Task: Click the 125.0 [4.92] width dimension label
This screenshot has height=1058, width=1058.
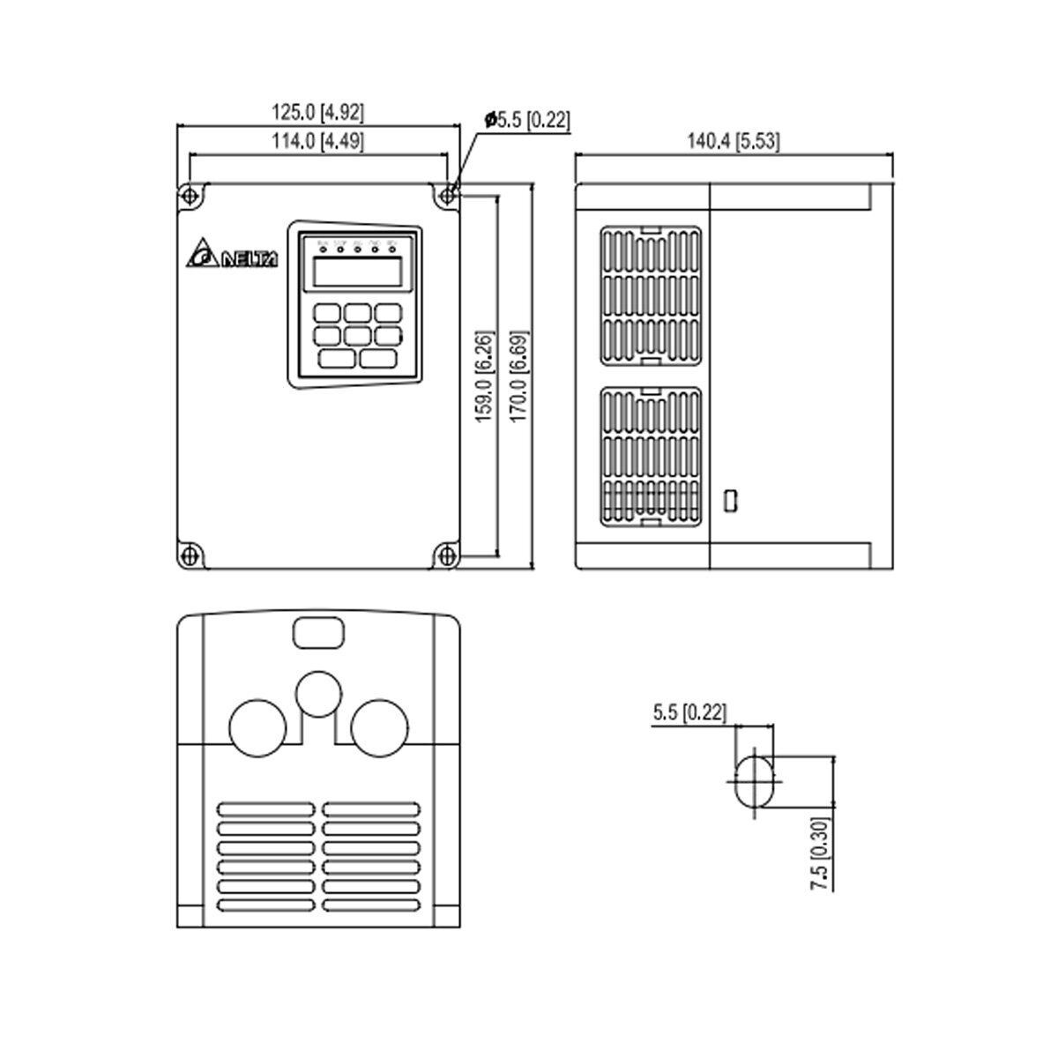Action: click(317, 113)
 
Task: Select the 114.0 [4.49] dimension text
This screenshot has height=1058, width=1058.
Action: click(317, 141)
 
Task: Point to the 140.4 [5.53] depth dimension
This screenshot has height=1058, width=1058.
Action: click(733, 141)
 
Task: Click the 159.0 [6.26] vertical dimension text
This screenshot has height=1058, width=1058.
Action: click(484, 376)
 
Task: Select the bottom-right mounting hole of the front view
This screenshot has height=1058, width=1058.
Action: click(447, 555)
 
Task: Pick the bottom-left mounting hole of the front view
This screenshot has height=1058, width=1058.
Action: click(188, 555)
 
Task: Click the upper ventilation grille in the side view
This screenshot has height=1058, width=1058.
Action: click(652, 296)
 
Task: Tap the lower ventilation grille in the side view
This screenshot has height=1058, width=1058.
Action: click(652, 457)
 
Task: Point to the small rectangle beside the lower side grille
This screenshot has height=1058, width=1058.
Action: click(729, 500)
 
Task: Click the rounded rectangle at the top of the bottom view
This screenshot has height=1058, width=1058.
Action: click(317, 631)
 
